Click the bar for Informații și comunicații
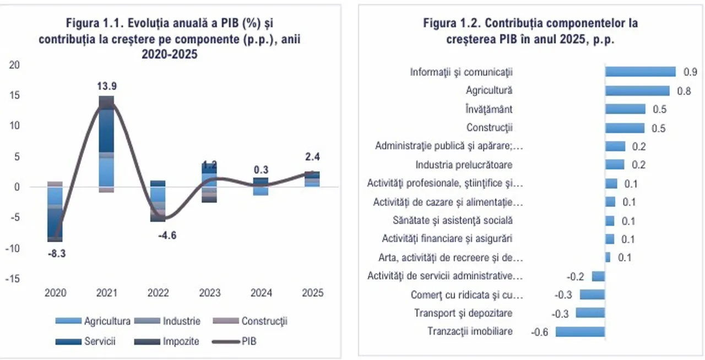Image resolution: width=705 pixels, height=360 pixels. (640, 72)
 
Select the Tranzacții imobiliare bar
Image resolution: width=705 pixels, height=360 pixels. (580, 331)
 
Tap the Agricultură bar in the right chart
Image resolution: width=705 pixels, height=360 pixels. (637, 91)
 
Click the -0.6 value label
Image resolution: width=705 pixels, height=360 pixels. (539, 332)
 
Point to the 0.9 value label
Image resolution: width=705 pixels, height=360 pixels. (690, 72)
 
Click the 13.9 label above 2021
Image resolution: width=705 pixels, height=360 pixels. (107, 86)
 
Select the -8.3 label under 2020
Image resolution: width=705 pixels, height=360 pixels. (56, 254)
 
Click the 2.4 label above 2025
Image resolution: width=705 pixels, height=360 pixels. (313, 157)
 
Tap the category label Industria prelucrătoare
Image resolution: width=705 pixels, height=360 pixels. (464, 165)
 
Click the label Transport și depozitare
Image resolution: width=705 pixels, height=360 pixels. (463, 313)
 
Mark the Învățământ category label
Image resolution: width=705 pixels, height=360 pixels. (489, 110)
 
